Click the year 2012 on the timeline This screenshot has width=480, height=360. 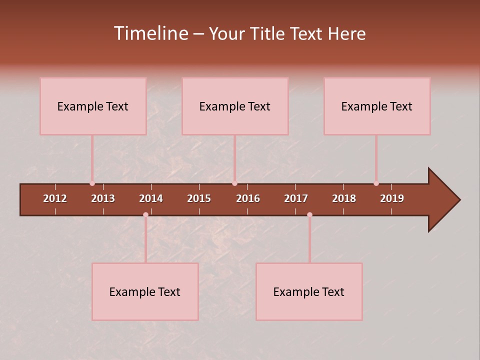[55, 198]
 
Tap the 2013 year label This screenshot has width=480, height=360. [103, 198]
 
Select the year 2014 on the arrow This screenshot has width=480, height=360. [151, 198]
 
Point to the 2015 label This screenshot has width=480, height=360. [199, 198]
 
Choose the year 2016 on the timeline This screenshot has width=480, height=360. [248, 198]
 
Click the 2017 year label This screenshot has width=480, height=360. [296, 198]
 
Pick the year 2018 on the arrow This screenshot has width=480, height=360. [344, 198]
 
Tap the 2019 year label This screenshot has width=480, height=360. [392, 198]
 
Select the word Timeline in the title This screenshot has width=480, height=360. [150, 33]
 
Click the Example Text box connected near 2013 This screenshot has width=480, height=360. [93, 106]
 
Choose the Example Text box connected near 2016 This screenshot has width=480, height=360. [235, 106]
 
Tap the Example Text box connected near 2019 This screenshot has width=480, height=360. [377, 106]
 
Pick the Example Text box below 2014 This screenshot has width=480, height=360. [145, 291]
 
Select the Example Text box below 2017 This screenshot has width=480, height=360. [309, 291]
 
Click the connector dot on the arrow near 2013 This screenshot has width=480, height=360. [92, 183]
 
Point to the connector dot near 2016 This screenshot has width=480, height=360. [234, 183]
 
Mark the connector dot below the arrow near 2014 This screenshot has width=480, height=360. [145, 214]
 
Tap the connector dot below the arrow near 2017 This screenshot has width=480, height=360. [309, 214]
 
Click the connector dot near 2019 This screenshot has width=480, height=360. [376, 183]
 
